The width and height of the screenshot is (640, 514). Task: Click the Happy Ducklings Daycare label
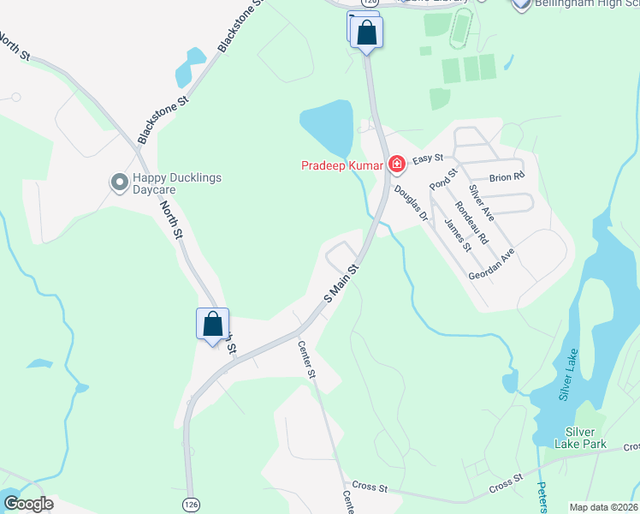point(176,183)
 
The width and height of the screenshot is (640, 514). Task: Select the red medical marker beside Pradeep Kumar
point(396,164)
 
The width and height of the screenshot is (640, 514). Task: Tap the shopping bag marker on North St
point(213,325)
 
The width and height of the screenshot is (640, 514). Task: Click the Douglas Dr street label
point(412,206)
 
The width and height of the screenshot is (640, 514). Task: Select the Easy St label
point(427,159)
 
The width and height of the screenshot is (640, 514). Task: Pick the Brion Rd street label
point(506,177)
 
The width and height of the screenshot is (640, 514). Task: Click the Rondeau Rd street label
point(471,221)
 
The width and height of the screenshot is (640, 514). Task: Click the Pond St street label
point(439,178)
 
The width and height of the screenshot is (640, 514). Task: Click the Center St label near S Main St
point(307,360)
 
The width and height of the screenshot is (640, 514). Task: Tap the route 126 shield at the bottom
point(189,505)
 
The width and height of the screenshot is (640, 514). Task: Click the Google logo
point(28,504)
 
